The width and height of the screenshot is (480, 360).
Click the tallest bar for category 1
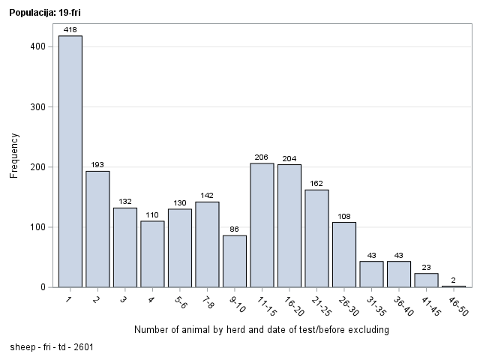[x=70, y=161]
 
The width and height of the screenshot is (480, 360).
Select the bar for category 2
[x=97, y=229]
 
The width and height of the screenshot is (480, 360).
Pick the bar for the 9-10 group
[x=235, y=261]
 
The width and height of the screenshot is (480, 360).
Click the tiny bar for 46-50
[x=453, y=286]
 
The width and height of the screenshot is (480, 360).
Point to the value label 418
[x=70, y=29]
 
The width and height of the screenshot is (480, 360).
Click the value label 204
[x=289, y=158]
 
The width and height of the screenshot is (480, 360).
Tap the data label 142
[x=207, y=196]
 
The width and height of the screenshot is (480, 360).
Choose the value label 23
[x=426, y=267]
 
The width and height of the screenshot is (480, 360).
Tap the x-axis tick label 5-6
[x=180, y=299]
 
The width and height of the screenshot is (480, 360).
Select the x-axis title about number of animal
[x=261, y=330]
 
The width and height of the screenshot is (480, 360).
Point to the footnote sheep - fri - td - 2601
[x=52, y=347]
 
